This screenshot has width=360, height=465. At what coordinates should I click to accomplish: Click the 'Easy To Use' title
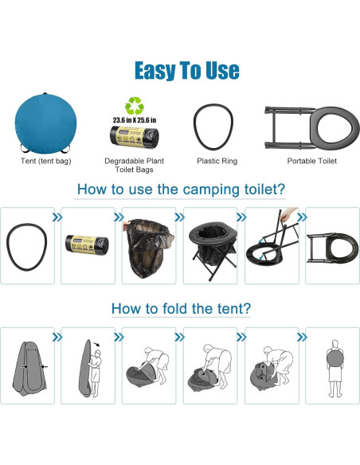click(x=186, y=70)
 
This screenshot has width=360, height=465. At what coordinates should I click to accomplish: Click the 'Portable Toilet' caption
click(x=311, y=161)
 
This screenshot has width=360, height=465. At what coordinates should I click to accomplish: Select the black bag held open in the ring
click(x=149, y=248)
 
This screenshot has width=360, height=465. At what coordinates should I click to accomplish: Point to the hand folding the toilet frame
click(x=292, y=214)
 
